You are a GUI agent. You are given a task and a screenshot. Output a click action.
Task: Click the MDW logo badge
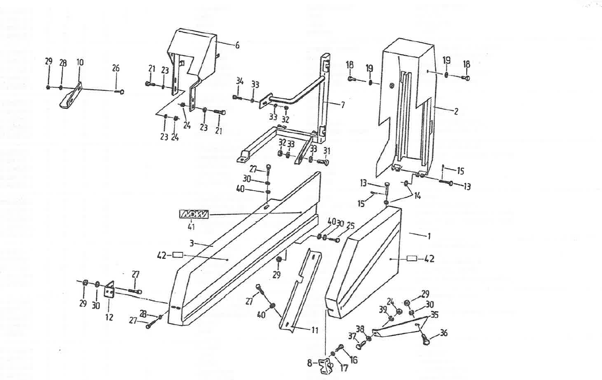pos(193,215)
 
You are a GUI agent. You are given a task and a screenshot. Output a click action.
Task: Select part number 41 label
pos(191,226)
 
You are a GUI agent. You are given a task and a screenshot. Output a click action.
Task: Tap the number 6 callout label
pos(237,46)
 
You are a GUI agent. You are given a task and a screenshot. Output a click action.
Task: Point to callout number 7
pos(342,105)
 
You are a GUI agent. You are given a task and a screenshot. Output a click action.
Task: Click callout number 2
pos(456,111)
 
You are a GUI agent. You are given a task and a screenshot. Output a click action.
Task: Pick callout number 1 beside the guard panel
pos(429,236)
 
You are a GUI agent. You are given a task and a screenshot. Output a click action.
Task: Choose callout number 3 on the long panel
pos(191,243)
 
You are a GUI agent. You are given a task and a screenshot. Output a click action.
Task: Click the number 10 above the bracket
pos(80,62)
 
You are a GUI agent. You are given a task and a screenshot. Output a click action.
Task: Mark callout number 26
pos(116,68)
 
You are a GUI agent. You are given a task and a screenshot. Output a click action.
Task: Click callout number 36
pos(443,333)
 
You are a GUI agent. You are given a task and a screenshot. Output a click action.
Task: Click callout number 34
pos(240,82)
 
